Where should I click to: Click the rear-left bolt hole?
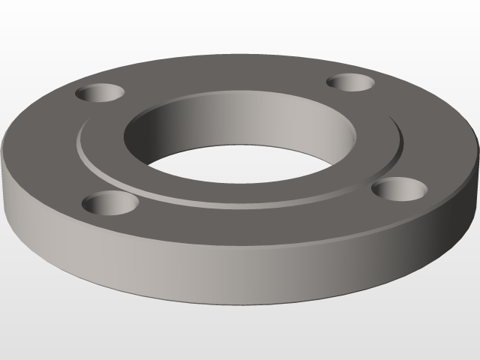click(x=100, y=94)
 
